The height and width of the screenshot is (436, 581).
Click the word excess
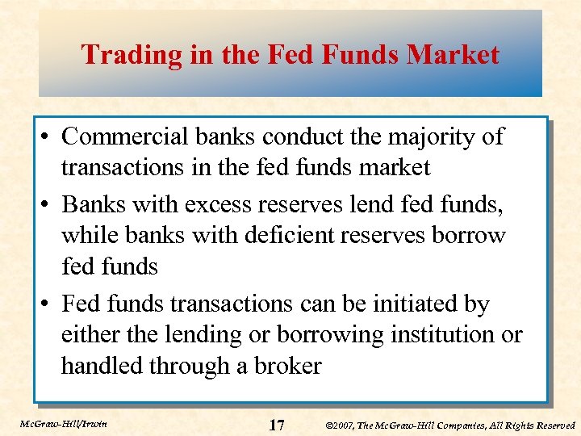click(217, 205)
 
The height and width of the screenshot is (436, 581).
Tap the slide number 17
click(275, 425)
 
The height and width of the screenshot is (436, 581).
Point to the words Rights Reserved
click(540, 425)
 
